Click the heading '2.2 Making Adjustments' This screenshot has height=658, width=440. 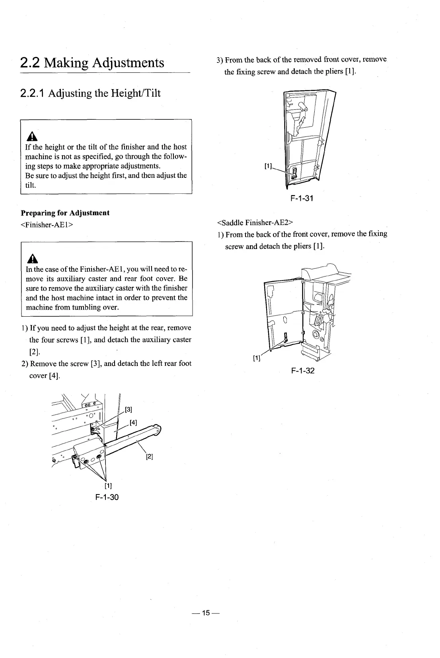click(x=92, y=63)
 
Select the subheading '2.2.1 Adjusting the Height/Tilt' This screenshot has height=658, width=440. click(x=90, y=93)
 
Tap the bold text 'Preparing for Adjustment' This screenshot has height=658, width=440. click(x=67, y=213)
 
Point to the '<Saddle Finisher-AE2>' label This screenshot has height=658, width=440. click(x=255, y=222)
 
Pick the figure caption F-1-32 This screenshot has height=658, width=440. click(x=303, y=371)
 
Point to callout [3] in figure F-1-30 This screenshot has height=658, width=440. click(x=128, y=410)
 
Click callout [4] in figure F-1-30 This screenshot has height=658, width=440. click(x=133, y=423)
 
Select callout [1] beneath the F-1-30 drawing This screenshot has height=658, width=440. click(x=108, y=486)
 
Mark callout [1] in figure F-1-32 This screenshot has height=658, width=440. click(x=257, y=358)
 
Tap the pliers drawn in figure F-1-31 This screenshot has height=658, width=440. click(x=294, y=173)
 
